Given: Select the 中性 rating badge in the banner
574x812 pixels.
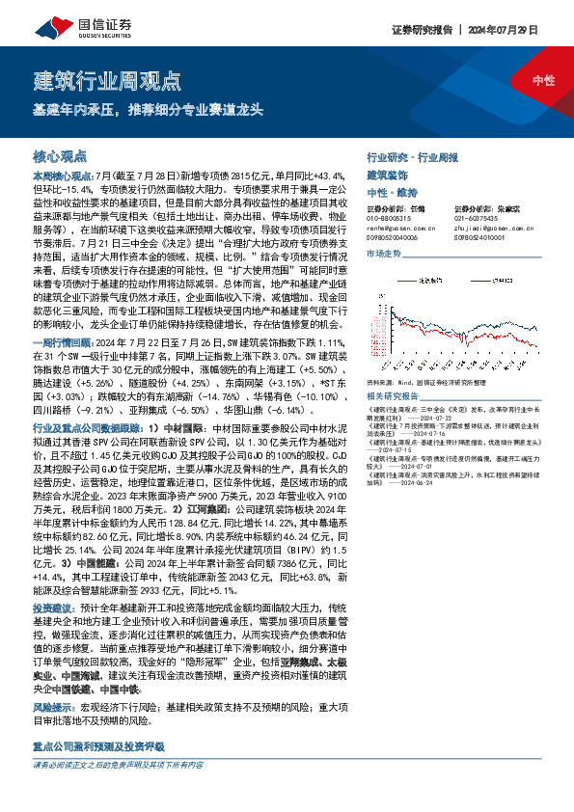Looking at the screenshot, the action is pos(543,80).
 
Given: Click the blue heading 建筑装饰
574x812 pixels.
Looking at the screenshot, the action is pos(387,175).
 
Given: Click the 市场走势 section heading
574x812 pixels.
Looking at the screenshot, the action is pos(383,253).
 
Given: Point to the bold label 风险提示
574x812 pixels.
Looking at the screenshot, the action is pos(51,707).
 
